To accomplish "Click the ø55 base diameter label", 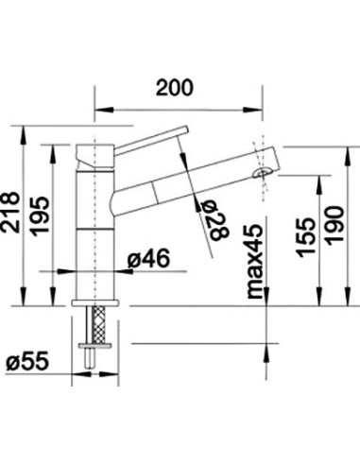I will click(31, 362).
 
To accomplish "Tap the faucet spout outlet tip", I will click(265, 173).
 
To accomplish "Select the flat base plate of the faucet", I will click(94, 304).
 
